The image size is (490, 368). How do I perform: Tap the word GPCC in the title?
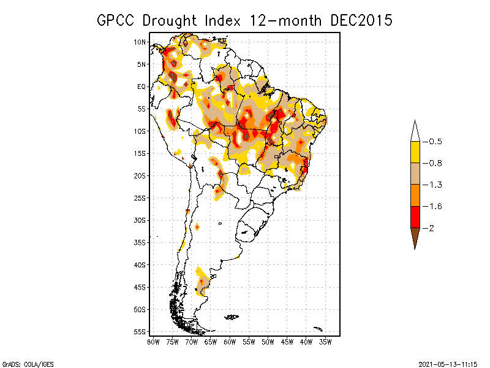point(117,20)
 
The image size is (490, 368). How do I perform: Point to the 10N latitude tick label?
point(140,42)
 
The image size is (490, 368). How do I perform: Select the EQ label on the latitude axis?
point(141,86)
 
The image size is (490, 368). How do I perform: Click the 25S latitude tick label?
point(140,197)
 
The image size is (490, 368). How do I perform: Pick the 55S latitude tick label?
point(140,331)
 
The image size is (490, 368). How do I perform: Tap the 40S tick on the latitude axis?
point(140,264)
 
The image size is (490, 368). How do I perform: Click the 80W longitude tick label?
point(153,341)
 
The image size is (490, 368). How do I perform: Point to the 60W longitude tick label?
point(230,341)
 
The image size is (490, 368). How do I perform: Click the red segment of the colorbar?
point(415,217)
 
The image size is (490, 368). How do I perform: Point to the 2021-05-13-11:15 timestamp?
point(447,363)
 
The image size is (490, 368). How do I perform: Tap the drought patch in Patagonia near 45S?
point(202,283)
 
